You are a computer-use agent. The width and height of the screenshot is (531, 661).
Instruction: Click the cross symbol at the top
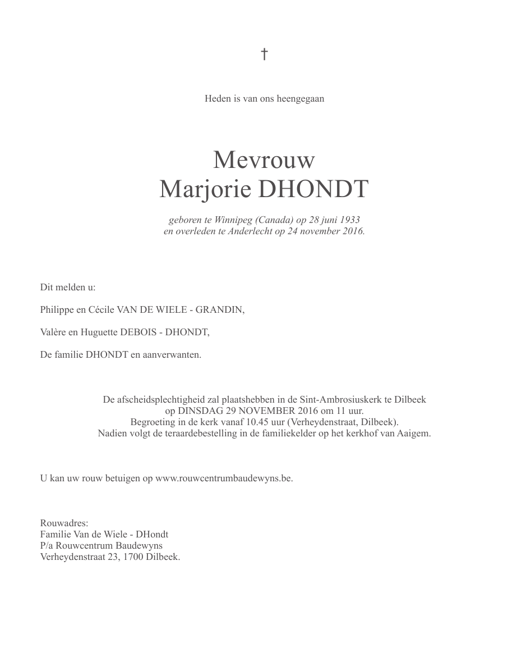coord(264,54)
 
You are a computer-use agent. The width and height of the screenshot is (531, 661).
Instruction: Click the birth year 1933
coord(349,220)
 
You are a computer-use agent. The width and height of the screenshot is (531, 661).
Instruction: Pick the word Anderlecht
coord(250,231)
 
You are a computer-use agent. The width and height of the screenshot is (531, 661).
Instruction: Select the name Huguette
coord(99,332)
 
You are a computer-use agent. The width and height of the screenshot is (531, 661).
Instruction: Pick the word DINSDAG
coord(201,411)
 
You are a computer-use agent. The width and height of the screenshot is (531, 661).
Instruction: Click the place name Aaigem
coord(414,434)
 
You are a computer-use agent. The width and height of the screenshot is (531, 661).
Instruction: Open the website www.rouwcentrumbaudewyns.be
coord(224,478)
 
